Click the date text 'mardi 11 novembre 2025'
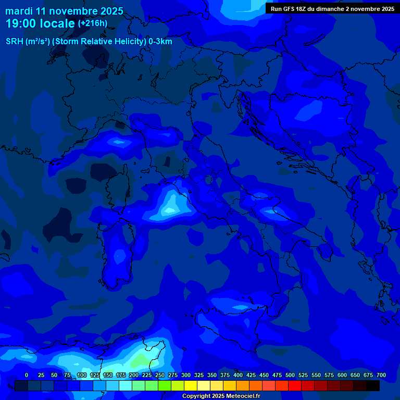pyautogui.click(x=64, y=11)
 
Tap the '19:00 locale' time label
pyautogui.click(x=40, y=23)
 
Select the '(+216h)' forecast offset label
pyautogui.click(x=92, y=23)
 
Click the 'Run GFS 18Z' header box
pyautogui.click(x=332, y=8)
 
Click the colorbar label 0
pyautogui.click(x=27, y=375)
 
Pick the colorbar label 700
pyautogui.click(x=381, y=375)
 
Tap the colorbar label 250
pyautogui.click(x=159, y=375)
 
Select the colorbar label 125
pyautogui.click(x=95, y=375)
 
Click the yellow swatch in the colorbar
pyautogui.click(x=191, y=385)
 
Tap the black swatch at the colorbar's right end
pyautogui.click(x=373, y=385)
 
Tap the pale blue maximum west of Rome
pyautogui.click(x=170, y=208)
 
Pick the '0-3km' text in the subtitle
pyautogui.click(x=160, y=41)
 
